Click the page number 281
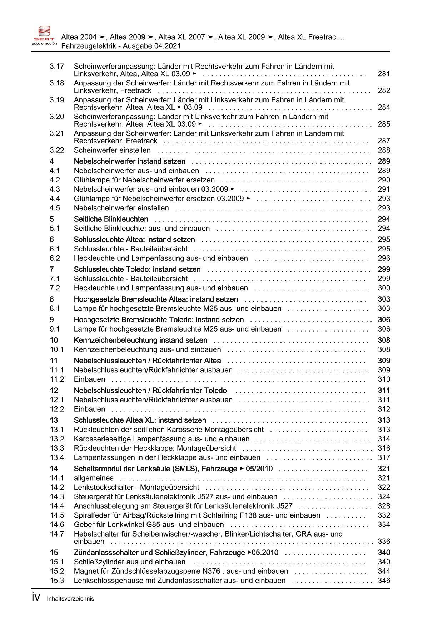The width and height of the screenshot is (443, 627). (x=384, y=74)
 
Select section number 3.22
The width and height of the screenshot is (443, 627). (x=57, y=150)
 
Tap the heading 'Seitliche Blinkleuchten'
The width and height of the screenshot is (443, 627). (x=111, y=219)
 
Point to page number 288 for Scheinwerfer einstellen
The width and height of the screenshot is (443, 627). (x=384, y=150)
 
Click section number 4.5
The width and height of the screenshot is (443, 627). (x=55, y=208)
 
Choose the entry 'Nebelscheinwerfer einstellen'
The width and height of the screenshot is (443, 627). (x=121, y=208)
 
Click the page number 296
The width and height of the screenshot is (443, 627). (x=384, y=258)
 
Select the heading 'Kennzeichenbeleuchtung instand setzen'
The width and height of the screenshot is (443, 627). (x=140, y=340)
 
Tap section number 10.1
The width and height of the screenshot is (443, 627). (x=57, y=349)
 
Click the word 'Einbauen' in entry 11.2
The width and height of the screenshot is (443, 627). (x=89, y=379)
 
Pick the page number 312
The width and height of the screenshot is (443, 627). (x=384, y=409)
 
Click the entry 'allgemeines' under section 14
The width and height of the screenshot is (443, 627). (x=94, y=478)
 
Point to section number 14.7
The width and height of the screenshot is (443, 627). (x=57, y=534)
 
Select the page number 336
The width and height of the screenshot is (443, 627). (x=384, y=542)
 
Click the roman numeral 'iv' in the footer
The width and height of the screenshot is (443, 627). (x=36, y=597)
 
